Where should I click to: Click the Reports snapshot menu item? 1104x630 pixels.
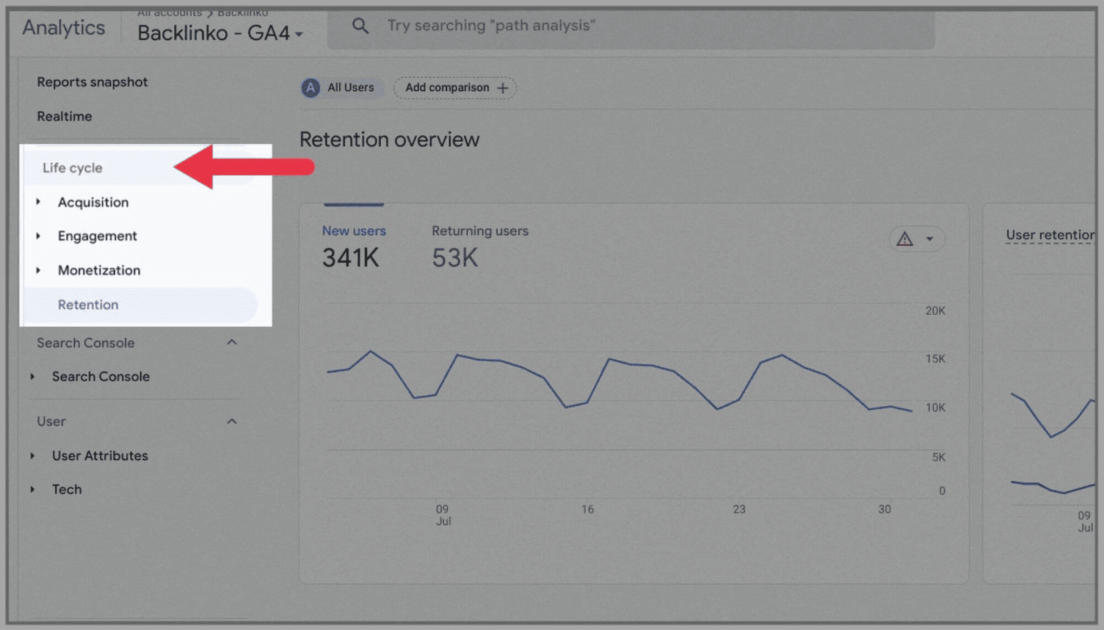[x=92, y=82]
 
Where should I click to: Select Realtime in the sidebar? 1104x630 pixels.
[x=64, y=117]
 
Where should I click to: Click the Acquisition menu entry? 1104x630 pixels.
[x=93, y=202]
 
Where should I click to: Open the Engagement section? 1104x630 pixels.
[x=97, y=236]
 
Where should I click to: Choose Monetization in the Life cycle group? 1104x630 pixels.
[x=99, y=270]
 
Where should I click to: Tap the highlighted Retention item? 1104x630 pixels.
[x=88, y=305]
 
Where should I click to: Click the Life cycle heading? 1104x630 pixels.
[x=72, y=168]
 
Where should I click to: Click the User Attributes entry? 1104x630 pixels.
[x=100, y=455]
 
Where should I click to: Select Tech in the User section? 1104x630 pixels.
[x=67, y=489]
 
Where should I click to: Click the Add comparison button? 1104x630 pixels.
[x=455, y=88]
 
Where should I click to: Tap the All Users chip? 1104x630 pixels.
[x=341, y=88]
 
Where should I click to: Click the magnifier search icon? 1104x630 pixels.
[x=360, y=26]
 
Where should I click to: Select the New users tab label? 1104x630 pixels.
[x=354, y=231]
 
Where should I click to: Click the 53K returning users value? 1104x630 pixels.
[x=455, y=258]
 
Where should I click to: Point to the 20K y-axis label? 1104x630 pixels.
[x=935, y=311]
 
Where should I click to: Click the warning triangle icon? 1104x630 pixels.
[x=905, y=239]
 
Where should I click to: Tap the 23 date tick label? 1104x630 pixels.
[x=739, y=509]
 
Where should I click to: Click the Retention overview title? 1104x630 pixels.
[x=389, y=139]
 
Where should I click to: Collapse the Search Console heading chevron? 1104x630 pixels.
[x=232, y=342]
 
